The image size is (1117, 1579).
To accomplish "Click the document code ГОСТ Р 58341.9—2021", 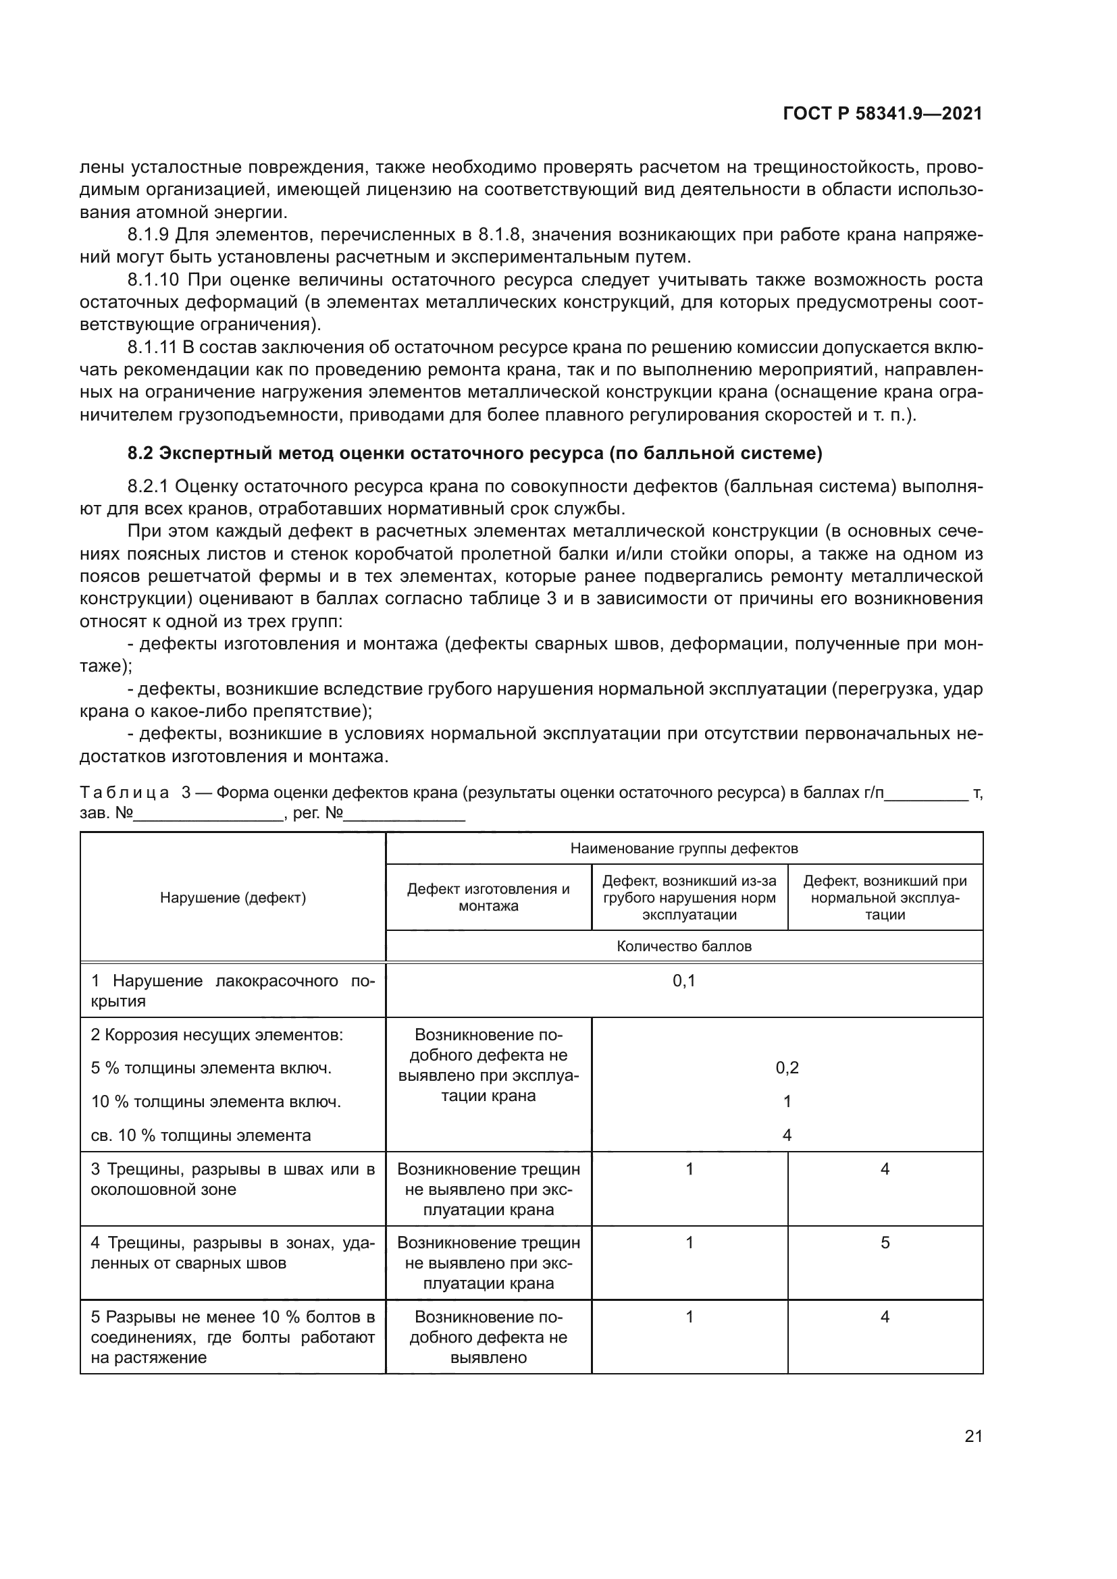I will (x=882, y=114).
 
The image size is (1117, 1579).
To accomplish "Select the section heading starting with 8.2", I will (x=475, y=453).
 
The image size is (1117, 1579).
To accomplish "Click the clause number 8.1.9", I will (x=148, y=235).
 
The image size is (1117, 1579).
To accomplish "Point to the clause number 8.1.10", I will (x=153, y=280).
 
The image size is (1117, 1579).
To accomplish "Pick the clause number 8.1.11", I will (x=153, y=347).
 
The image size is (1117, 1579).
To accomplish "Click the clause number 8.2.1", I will (x=148, y=487).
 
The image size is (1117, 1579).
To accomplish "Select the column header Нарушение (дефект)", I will (x=232, y=897).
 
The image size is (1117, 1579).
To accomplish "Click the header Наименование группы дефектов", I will (x=683, y=849).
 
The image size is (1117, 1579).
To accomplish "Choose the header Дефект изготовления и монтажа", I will (x=488, y=897).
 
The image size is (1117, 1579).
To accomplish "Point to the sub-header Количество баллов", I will (x=683, y=946).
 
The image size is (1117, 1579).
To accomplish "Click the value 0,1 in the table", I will (x=683, y=982).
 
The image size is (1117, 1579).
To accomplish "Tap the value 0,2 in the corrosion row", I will (x=787, y=1068).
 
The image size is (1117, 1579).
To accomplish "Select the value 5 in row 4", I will (x=885, y=1243).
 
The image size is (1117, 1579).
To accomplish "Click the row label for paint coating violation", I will (x=232, y=991).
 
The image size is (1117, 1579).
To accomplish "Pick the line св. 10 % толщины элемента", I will (x=201, y=1135).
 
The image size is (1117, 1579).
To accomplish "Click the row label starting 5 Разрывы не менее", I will (x=232, y=1337).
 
